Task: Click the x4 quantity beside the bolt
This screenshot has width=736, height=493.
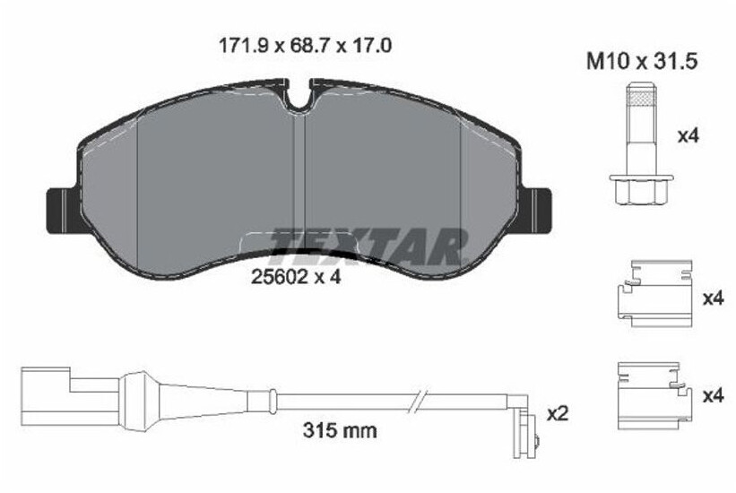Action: coord(688,136)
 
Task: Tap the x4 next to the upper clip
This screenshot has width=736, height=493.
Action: coord(713,298)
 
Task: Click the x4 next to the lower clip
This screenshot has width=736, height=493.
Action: coord(713,395)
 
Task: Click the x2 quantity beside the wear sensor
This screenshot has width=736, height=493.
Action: coord(558,414)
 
